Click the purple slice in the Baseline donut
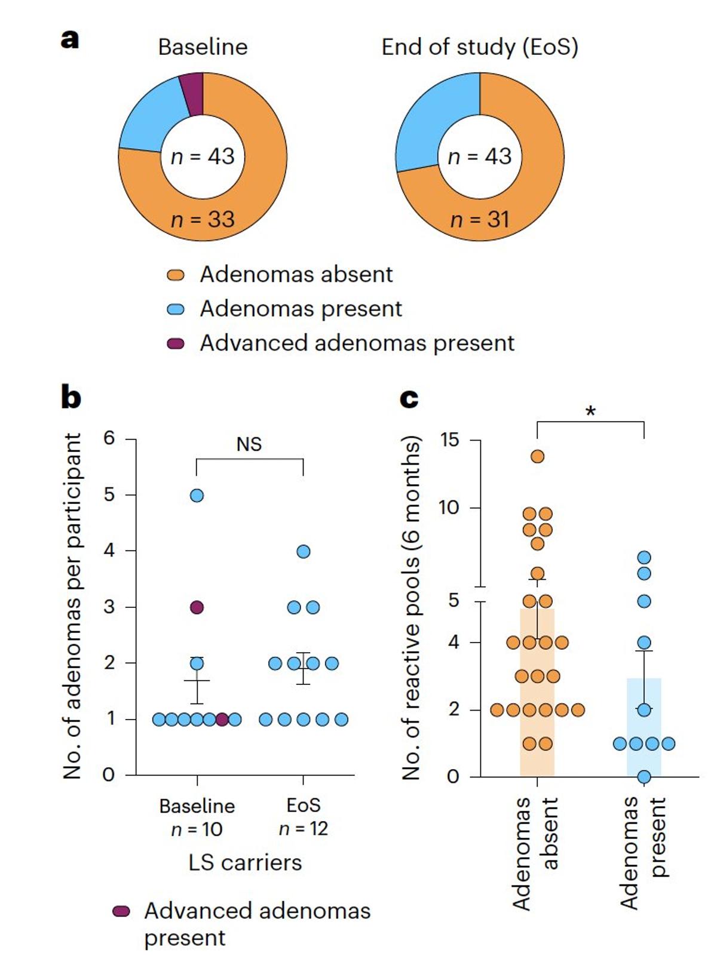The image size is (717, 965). (x=192, y=94)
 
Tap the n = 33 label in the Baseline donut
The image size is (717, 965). (x=203, y=220)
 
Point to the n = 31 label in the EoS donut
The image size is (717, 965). (x=480, y=220)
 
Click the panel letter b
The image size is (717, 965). (x=71, y=397)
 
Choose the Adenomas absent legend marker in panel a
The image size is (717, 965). (x=176, y=275)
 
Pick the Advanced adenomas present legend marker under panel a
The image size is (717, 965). (x=176, y=343)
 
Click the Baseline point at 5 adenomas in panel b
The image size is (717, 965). (x=197, y=496)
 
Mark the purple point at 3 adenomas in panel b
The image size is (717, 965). (x=197, y=607)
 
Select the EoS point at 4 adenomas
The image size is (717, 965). (x=304, y=551)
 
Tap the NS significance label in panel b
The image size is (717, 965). (x=249, y=445)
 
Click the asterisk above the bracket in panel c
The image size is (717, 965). (x=590, y=411)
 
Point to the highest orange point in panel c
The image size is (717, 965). (x=537, y=457)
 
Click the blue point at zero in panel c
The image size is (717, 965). (x=644, y=776)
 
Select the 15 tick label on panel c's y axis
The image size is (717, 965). (x=449, y=440)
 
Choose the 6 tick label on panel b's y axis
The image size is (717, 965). (x=109, y=438)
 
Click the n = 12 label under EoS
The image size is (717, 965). (x=304, y=829)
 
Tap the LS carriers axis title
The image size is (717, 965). (x=245, y=862)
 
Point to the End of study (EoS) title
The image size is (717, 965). (x=480, y=47)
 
